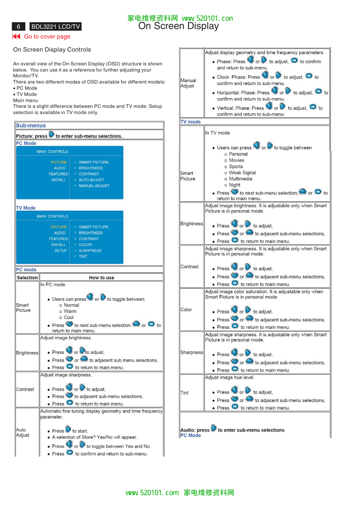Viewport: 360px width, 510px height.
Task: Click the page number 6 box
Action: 19,27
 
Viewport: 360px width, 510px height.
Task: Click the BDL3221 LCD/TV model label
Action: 56,27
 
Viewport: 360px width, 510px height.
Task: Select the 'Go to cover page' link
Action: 47,37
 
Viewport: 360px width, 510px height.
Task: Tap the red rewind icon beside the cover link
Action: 16,36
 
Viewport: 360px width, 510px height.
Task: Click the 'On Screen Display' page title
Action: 179,26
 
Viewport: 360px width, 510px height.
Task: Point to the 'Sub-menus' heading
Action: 31,126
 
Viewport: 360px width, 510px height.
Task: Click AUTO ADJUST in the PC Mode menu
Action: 91,180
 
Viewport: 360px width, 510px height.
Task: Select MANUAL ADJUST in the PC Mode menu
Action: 94,186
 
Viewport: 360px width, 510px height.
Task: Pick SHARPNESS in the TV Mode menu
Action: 90,251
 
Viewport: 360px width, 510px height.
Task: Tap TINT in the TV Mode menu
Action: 83,256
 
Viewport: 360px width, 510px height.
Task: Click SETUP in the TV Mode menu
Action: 61,251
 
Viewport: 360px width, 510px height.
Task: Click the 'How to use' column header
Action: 102,278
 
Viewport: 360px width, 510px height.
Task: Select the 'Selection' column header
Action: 27,278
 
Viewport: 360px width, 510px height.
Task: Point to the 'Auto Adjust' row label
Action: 22,432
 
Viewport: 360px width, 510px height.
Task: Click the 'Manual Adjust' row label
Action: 188,83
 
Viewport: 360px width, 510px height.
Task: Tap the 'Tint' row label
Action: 184,393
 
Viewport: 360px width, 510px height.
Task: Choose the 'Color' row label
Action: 186,310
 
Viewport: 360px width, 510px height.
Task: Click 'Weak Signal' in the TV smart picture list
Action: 242,173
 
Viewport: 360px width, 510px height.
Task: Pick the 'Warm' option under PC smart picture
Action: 70,311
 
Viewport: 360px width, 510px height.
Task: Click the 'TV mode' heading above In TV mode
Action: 191,122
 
